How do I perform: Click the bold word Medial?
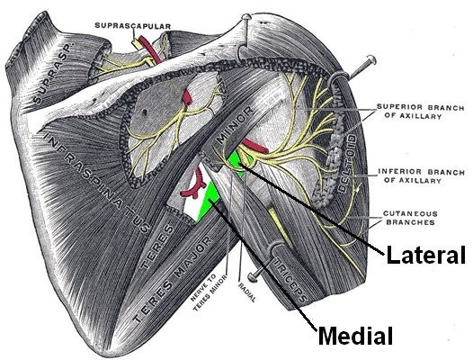point(356,337)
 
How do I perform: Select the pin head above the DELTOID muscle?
point(370,62)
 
